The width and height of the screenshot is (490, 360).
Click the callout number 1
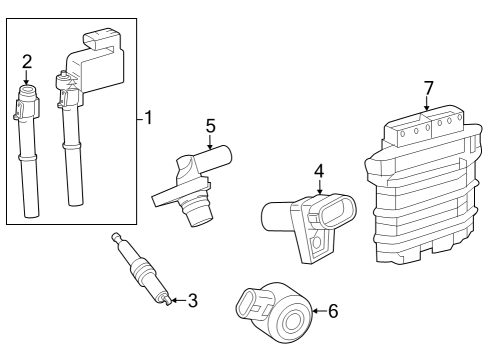[x=149, y=118]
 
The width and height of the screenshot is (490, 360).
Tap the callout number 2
[x=27, y=62]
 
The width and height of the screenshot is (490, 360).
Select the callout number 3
[x=193, y=300]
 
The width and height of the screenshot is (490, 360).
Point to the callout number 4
[x=319, y=171]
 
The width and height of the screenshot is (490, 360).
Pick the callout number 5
[x=211, y=126]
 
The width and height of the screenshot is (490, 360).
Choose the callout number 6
[x=333, y=311]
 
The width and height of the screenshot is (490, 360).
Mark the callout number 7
[x=429, y=88]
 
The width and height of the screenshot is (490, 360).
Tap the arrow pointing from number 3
[x=178, y=300]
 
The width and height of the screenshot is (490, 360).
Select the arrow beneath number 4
[x=320, y=187]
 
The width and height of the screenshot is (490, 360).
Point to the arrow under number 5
[x=210, y=142]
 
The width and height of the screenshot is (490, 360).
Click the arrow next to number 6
[x=319, y=311]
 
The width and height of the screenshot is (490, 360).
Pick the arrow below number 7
[x=427, y=103]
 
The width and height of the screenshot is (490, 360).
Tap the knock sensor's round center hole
[x=293, y=321]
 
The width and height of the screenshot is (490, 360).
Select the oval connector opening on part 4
[x=336, y=208]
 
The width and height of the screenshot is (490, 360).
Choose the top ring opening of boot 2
[x=27, y=89]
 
